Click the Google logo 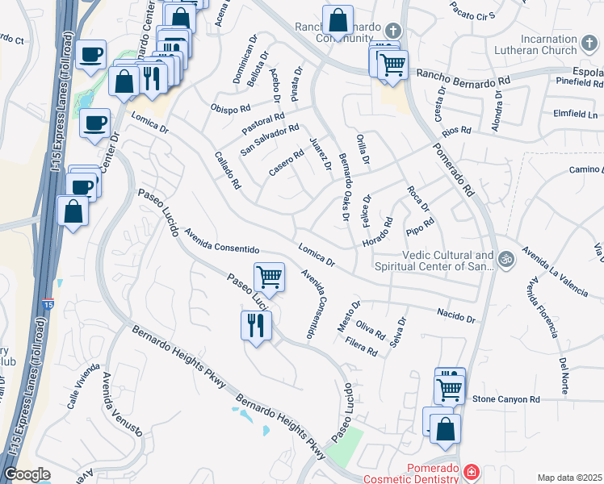(x=27, y=474)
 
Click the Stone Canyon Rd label (x=505, y=399)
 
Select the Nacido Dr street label (x=455, y=315)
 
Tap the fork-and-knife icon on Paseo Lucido (x=257, y=325)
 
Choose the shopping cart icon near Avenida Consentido (x=270, y=277)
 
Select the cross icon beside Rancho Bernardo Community (x=392, y=31)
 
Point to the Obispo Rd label (x=231, y=109)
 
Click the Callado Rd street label (x=229, y=171)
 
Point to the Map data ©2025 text (x=569, y=478)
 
